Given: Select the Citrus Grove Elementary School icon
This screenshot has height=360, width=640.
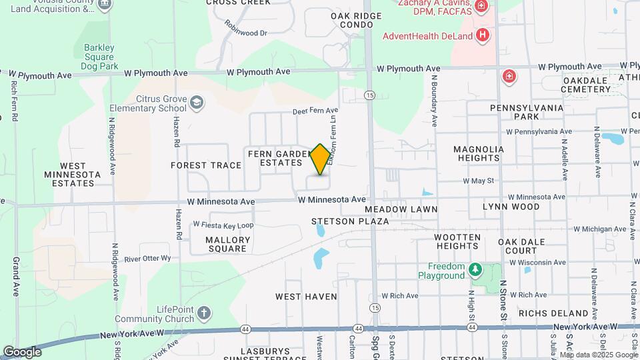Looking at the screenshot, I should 197,102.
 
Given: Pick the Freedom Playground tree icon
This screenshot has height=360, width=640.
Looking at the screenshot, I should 475,269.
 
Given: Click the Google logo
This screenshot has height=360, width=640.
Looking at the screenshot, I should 22,351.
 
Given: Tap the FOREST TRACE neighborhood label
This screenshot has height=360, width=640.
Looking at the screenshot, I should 206,165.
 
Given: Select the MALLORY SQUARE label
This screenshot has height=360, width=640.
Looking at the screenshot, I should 228,244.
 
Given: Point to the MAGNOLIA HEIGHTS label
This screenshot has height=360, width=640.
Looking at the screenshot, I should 485,153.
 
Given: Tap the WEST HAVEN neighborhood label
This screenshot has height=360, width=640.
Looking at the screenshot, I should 306,296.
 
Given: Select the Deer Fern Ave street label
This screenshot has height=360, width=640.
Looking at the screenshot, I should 315,111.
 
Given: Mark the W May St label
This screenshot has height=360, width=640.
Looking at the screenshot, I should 479,181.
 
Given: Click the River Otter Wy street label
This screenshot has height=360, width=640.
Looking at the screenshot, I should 147,258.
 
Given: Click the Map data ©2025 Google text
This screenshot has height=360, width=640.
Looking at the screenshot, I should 598,355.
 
